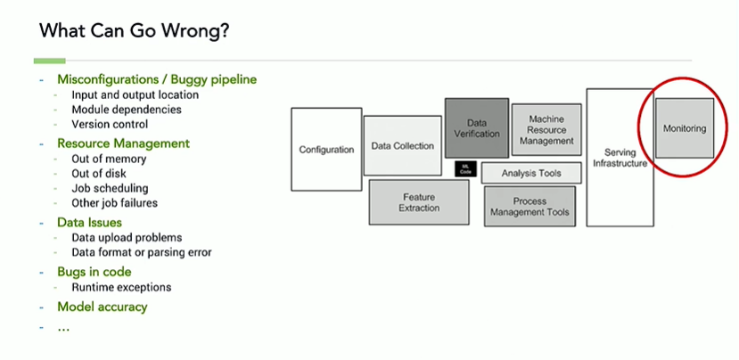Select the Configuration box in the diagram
pyautogui.click(x=326, y=149)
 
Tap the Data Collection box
pyautogui.click(x=403, y=145)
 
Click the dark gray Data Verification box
pyautogui.click(x=476, y=127)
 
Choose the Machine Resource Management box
pyautogui.click(x=546, y=129)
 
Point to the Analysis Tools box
pyautogui.click(x=531, y=173)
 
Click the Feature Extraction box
pyautogui.click(x=419, y=202)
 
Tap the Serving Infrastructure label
pyautogui.click(x=619, y=158)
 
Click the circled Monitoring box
pyautogui.click(x=684, y=128)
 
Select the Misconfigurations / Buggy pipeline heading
pyautogui.click(x=157, y=79)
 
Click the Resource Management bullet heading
pyautogui.click(x=123, y=143)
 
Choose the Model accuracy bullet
pyautogui.click(x=103, y=307)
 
